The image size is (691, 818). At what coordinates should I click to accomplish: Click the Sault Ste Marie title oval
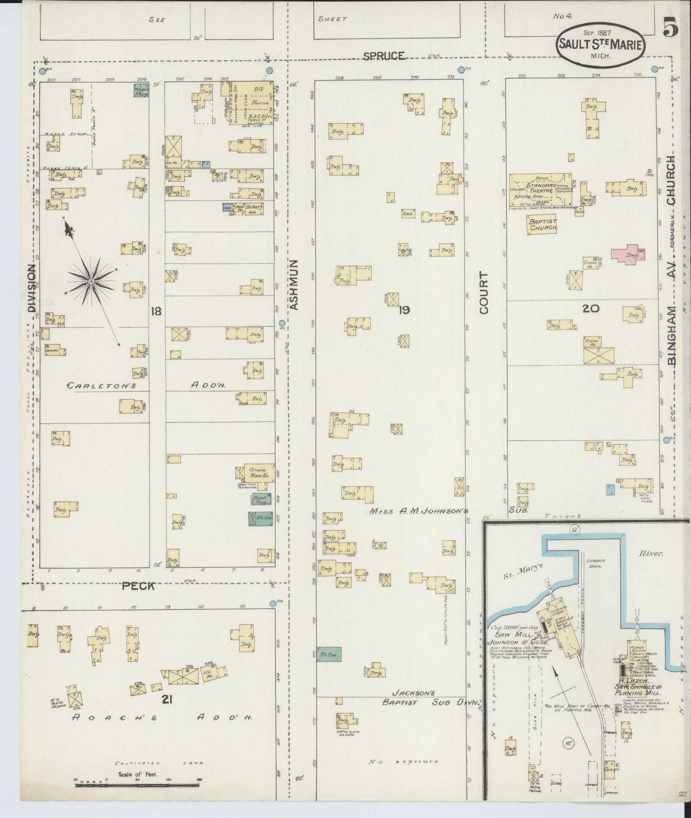[x=601, y=44]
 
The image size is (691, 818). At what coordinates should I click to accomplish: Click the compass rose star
[x=91, y=281]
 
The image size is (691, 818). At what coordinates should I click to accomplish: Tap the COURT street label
[x=484, y=293]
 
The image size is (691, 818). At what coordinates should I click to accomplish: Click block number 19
[x=404, y=310]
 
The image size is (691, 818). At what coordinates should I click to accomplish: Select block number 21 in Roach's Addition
[x=167, y=699]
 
